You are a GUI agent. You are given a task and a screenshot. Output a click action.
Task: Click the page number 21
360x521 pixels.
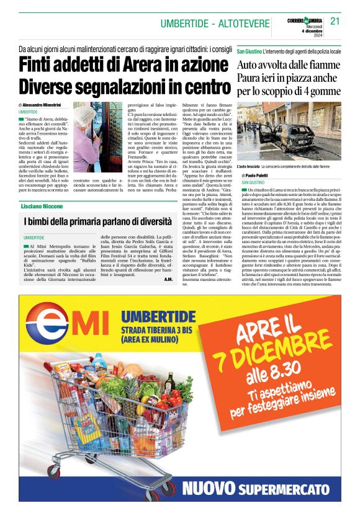click(x=335, y=20)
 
